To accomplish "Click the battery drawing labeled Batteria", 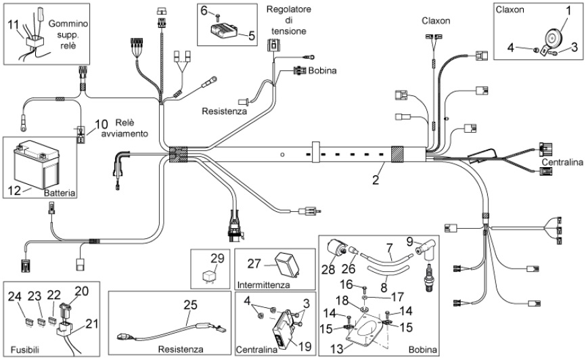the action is click(x=37, y=164).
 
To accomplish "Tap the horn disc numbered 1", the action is click(x=551, y=37).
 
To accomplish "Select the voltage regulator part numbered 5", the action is click(x=224, y=29).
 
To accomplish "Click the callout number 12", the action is click(x=15, y=190).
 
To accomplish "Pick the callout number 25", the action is click(x=190, y=305).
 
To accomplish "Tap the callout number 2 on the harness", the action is click(x=376, y=180).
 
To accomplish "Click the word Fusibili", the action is click(x=25, y=350).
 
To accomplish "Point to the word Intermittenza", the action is click(x=263, y=285).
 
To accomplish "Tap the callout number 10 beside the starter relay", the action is click(x=101, y=125).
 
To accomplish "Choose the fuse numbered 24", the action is click(x=28, y=321).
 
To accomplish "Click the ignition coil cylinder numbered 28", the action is click(x=336, y=248).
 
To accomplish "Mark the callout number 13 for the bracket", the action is click(x=337, y=348).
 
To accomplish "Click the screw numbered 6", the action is click(x=218, y=16).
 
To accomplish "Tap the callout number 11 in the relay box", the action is click(x=13, y=24).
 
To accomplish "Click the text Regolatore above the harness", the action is click(x=288, y=9).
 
